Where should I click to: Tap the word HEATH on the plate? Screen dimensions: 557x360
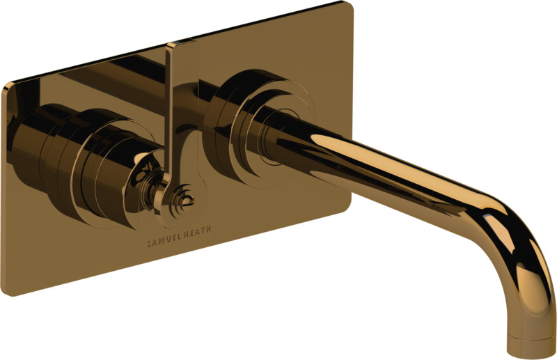(x=198, y=230)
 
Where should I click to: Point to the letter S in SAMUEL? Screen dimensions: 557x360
(x=149, y=244)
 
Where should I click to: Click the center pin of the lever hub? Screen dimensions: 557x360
(x=185, y=199)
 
